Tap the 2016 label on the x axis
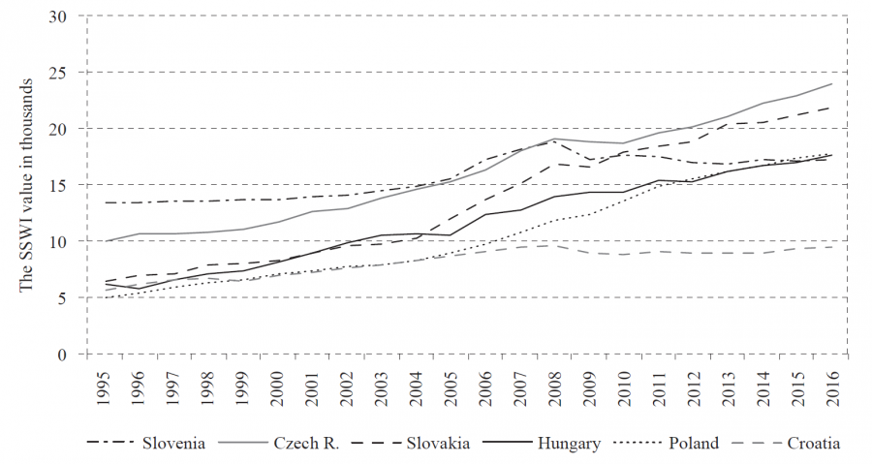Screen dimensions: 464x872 pos(831,381)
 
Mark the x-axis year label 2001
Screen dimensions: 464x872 pos(312,381)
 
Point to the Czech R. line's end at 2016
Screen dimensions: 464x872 pos(831,83)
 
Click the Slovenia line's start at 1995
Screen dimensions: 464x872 pos(105,202)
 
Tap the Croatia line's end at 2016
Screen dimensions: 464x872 pos(831,247)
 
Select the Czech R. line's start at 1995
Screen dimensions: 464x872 pos(105,241)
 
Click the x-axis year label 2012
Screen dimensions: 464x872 pos(693,381)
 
